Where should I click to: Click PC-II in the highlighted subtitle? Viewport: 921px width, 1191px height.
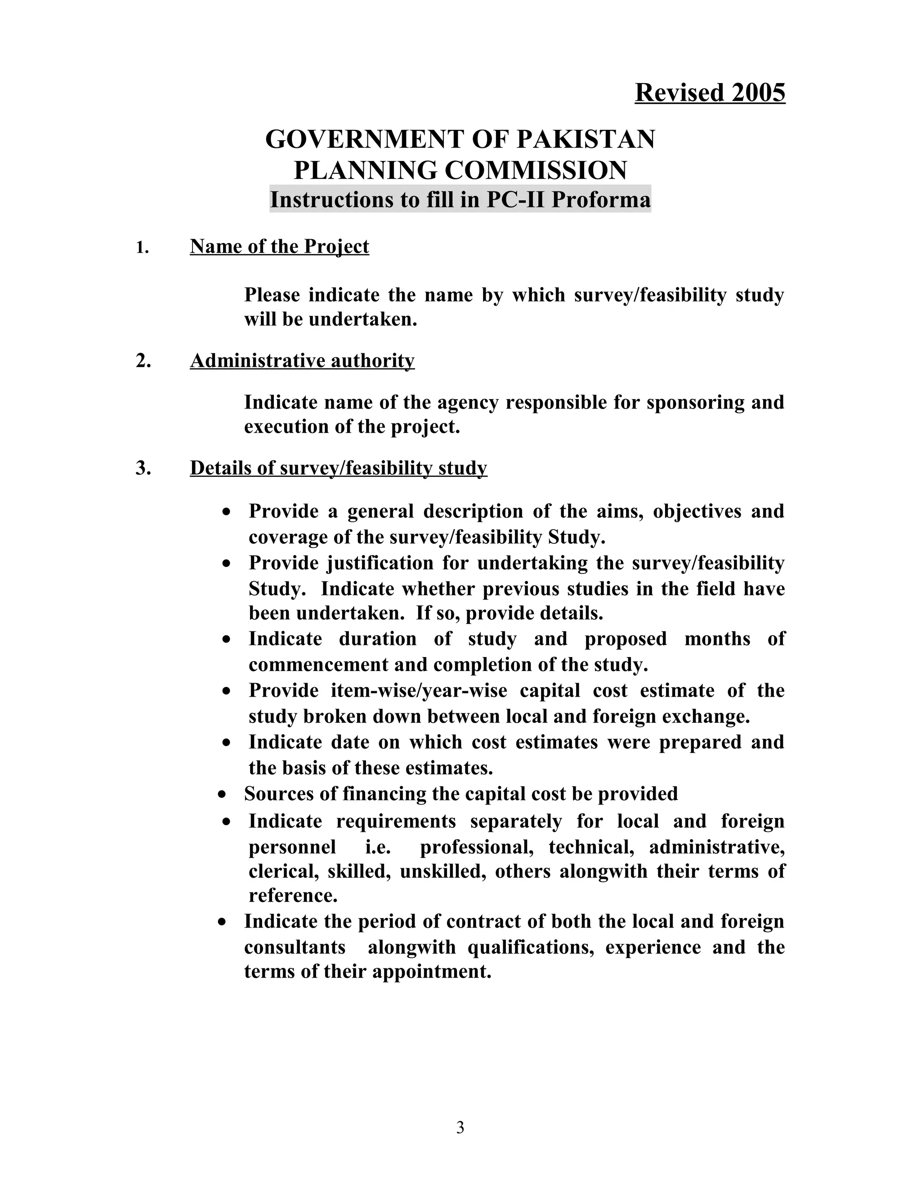(516, 200)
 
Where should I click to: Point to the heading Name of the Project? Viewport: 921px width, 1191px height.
(279, 246)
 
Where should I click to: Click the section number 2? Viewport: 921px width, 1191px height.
(143, 360)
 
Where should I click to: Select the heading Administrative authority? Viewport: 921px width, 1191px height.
(302, 360)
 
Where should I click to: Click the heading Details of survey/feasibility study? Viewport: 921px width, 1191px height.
(338, 468)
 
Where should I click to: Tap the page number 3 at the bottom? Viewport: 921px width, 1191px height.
(460, 1127)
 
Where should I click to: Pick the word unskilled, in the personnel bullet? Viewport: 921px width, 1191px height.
(443, 871)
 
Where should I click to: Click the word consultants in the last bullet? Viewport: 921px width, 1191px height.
(295, 947)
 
